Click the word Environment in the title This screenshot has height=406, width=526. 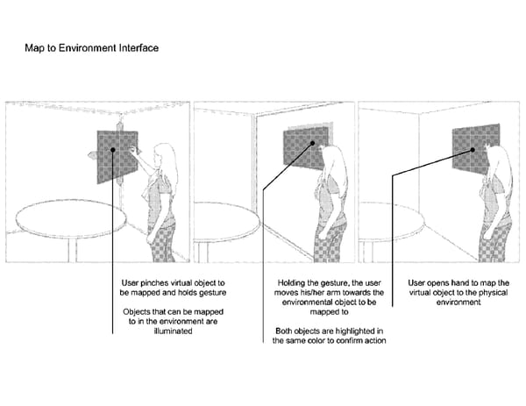88,48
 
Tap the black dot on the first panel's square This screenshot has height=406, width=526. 113,150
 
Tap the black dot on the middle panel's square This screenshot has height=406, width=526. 312,143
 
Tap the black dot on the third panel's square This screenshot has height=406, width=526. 473,150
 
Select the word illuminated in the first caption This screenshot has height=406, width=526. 173,331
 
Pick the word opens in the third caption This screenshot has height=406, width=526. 439,283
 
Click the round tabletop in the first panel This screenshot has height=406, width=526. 71,218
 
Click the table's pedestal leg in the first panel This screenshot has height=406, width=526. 73,250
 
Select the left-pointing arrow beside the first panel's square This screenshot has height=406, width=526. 92,155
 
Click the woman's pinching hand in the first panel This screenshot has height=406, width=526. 134,150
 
